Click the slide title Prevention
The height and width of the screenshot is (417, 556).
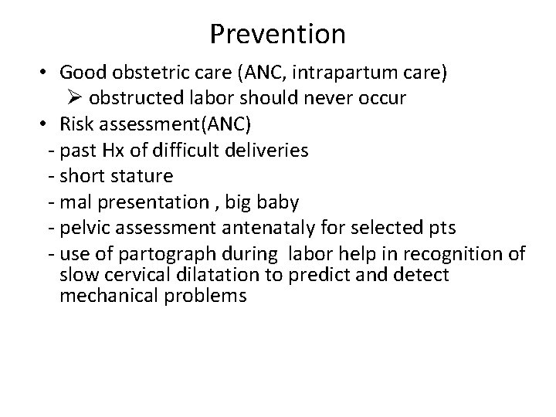(277, 34)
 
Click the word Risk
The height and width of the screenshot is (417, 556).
(77, 124)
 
